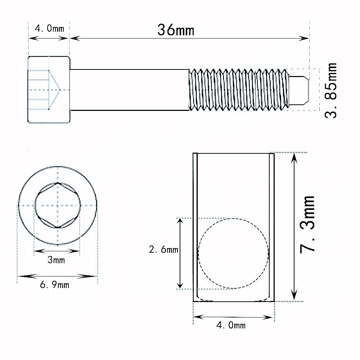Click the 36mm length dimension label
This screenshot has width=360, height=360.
(176, 30)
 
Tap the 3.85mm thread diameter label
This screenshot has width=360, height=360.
(330, 90)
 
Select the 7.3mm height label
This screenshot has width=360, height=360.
(308, 225)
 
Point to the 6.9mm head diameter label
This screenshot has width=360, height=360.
(55, 285)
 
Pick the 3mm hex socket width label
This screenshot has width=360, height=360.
(56, 260)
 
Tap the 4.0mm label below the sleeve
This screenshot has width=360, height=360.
(231, 325)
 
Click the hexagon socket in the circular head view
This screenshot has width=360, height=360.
(57, 205)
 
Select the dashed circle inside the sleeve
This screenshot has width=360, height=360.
(233, 253)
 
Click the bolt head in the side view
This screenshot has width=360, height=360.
(49, 90)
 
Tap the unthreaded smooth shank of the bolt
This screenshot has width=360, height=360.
(130, 89)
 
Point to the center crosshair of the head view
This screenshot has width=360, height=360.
(57, 205)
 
